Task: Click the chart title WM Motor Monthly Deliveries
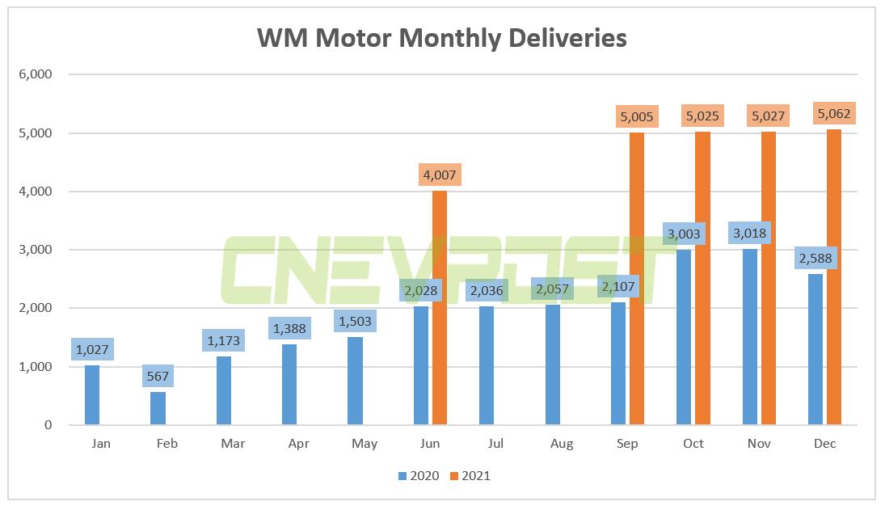pyautogui.click(x=441, y=38)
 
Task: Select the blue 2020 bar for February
pyautogui.click(x=158, y=408)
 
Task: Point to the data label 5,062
pyautogui.click(x=834, y=114)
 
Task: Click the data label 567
pyautogui.click(x=158, y=376)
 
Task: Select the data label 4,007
pyautogui.click(x=440, y=175)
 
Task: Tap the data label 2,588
pyautogui.click(x=815, y=259)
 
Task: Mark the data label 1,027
pyautogui.click(x=92, y=349)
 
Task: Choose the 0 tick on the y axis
pyautogui.click(x=48, y=425)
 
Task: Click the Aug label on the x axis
pyautogui.click(x=562, y=444)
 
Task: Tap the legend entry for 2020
pyautogui.click(x=419, y=476)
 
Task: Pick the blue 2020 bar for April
pyautogui.click(x=289, y=385)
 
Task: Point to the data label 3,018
pyautogui.click(x=750, y=234)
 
